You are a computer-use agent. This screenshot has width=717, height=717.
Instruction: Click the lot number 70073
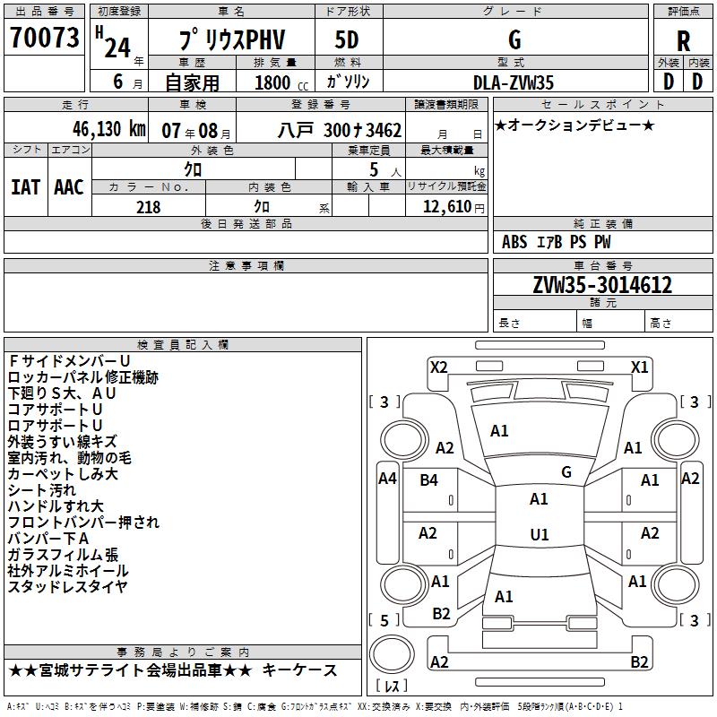coord(44,38)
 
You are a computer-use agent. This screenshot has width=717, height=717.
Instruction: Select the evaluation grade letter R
coord(683,40)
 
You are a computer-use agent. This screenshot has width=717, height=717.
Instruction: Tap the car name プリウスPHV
coord(229,41)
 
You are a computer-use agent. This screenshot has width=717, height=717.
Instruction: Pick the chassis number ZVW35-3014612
coord(601,285)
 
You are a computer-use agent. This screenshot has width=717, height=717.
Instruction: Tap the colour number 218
coord(148,207)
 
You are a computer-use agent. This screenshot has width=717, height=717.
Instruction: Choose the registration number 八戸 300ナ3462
coord(340,130)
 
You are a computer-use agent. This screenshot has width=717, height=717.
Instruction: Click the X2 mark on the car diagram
coord(438,367)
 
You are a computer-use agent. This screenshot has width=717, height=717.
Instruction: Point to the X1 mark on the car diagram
coord(639,367)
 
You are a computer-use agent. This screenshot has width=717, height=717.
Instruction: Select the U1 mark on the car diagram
coord(539,535)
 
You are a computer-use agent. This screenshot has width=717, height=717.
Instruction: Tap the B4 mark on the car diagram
coord(428,480)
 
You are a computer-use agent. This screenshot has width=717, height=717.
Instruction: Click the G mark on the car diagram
coord(566,471)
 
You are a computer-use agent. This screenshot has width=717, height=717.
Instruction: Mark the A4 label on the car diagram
coord(387,479)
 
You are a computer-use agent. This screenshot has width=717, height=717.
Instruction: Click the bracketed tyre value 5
coord(384,620)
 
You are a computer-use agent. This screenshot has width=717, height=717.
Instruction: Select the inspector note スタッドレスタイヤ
coord(67,587)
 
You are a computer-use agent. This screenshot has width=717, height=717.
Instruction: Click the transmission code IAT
coord(25,187)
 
